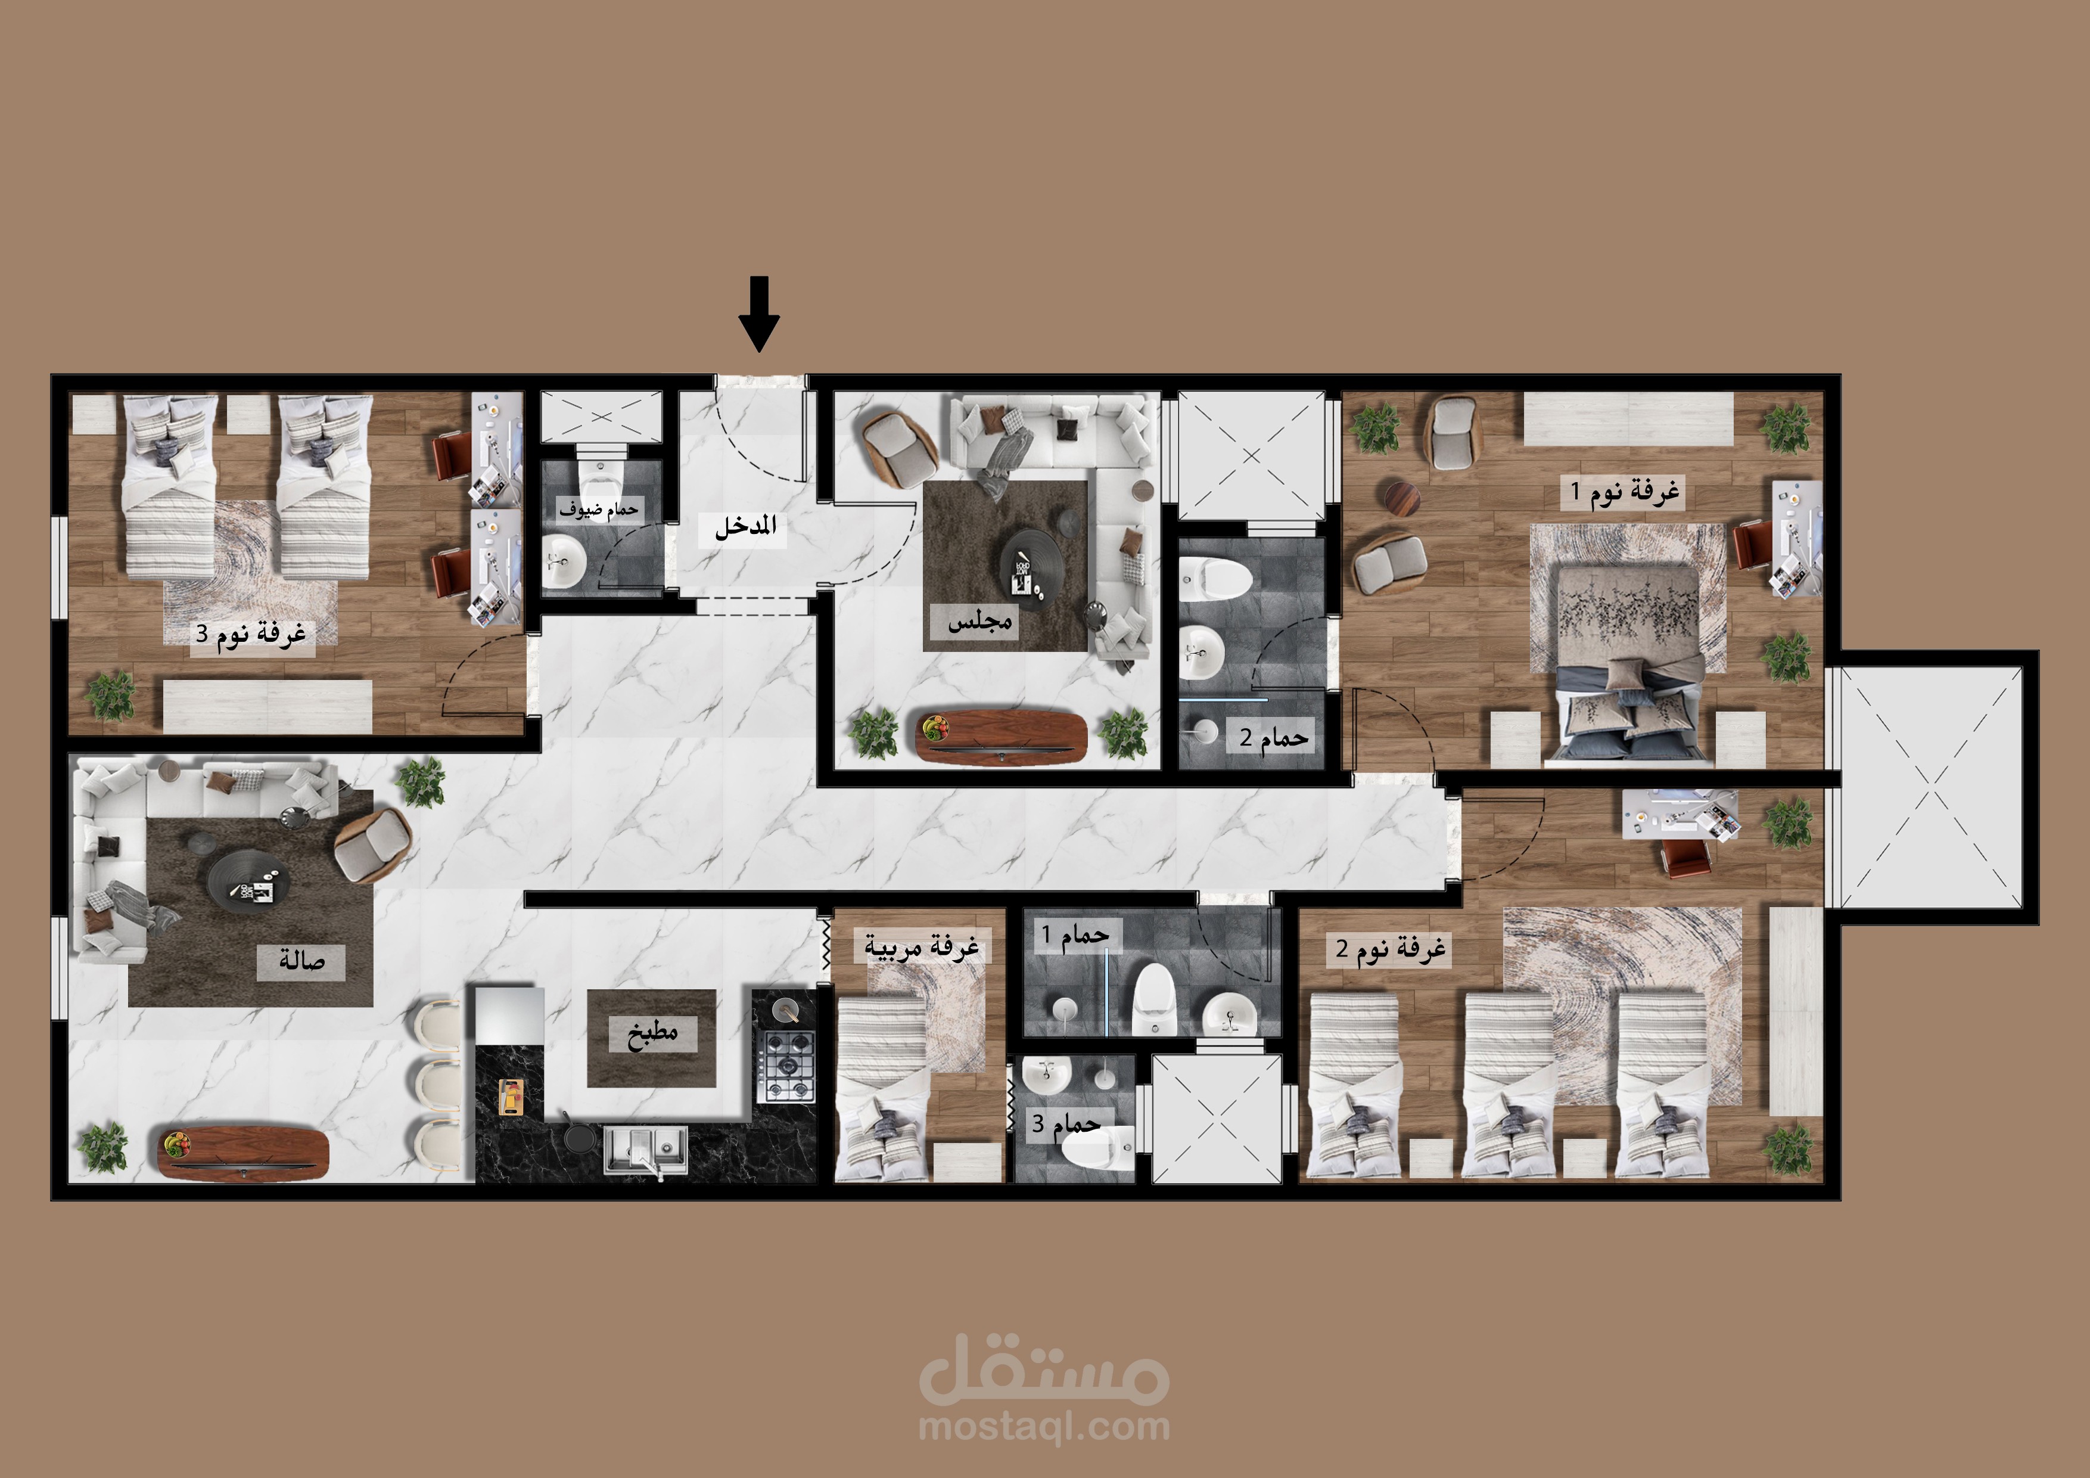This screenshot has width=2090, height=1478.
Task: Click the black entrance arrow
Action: click(x=758, y=313)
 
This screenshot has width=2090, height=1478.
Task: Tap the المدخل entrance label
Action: click(x=745, y=526)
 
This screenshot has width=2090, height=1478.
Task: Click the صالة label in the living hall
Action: click(x=301, y=960)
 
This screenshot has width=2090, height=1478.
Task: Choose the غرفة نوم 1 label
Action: click(x=1625, y=492)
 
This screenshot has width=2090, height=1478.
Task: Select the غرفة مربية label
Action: click(x=921, y=947)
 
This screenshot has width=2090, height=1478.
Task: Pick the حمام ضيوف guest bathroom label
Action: click(x=598, y=509)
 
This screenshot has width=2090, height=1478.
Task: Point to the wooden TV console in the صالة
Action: click(x=244, y=1152)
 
